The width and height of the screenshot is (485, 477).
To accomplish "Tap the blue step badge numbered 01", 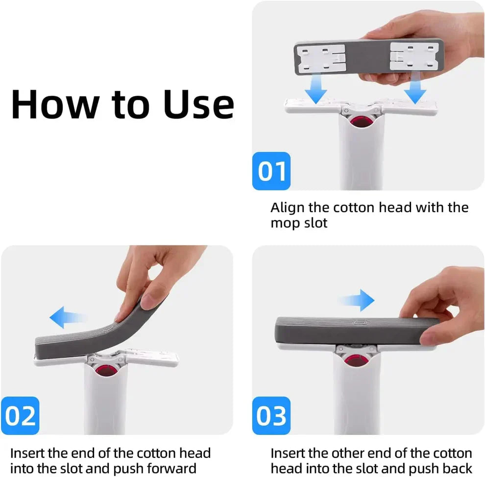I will click(272, 171).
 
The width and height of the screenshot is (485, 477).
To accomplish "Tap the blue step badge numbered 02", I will click(21, 415).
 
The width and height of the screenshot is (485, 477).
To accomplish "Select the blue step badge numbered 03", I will click(272, 415).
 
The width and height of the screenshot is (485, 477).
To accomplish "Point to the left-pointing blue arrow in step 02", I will click(67, 317).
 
